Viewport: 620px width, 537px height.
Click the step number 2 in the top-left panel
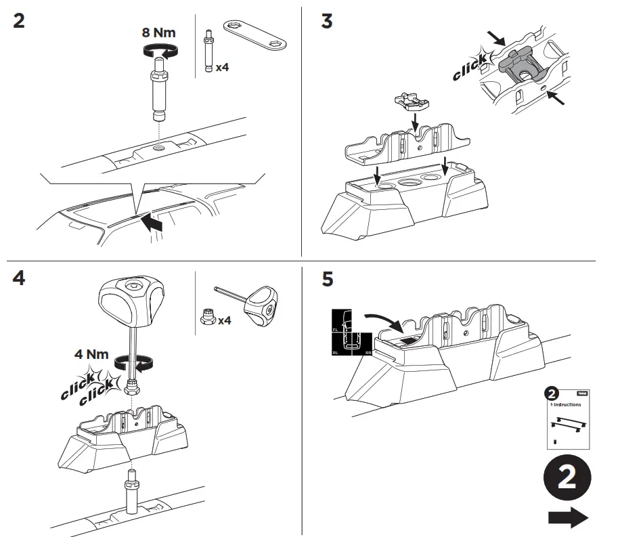[19, 20]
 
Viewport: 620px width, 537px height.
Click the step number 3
[327, 21]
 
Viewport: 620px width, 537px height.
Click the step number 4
[19, 278]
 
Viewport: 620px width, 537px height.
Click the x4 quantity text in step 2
[223, 68]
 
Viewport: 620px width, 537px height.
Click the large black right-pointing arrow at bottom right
[567, 518]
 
